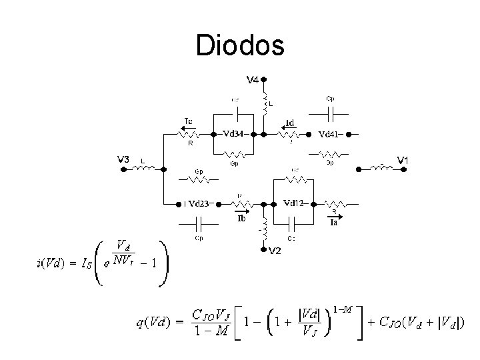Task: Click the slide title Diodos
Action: coord(240,45)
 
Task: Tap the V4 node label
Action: coord(254,81)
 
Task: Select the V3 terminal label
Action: coord(123,159)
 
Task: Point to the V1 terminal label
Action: coord(404,160)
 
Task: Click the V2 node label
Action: coord(275,251)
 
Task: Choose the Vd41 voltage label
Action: coord(331,134)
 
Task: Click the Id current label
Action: coord(291,123)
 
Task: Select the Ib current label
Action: coord(242,218)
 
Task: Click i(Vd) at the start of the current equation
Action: coord(51,261)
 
